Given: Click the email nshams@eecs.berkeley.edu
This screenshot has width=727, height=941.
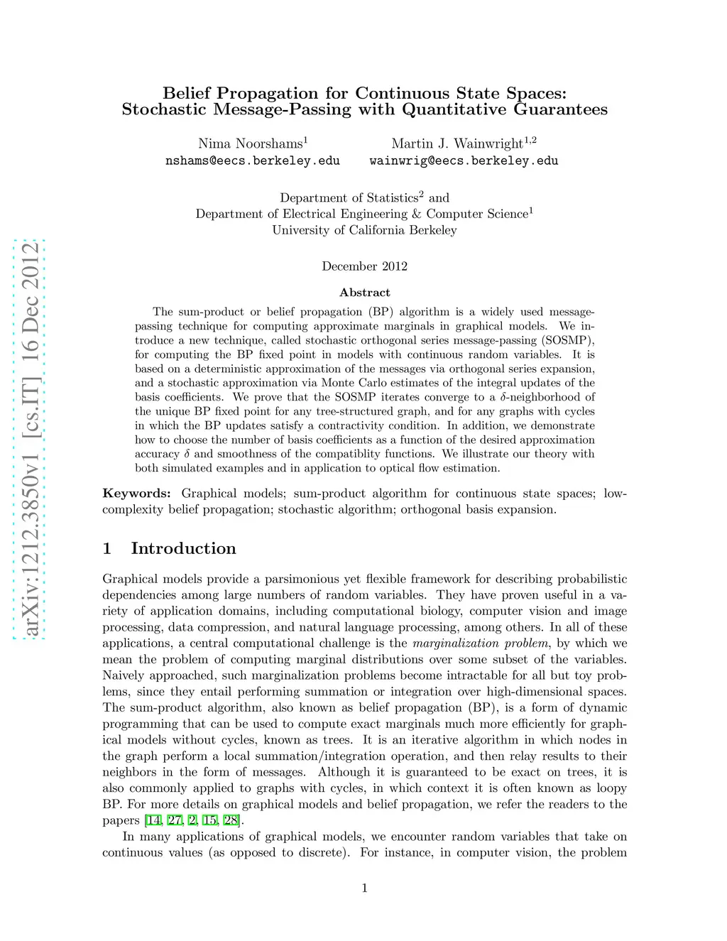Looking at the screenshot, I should tap(252, 161).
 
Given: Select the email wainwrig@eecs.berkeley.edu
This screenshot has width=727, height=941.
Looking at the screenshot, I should tap(464, 161).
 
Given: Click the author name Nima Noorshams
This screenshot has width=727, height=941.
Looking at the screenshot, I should tap(250, 143).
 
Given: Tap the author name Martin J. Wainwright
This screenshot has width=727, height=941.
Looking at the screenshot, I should tap(457, 143).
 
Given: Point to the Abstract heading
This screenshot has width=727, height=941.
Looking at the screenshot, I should tap(364, 293).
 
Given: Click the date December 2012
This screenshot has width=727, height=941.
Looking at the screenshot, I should tap(364, 266).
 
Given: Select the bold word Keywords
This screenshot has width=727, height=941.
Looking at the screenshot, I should tap(136, 494).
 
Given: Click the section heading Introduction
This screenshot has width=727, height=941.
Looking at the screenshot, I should tap(183, 548).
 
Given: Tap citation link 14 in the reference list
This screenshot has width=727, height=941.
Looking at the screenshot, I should tap(153, 821).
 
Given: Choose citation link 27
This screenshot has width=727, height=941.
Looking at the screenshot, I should tap(175, 821).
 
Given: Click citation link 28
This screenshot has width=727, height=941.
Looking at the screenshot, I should tap(231, 821).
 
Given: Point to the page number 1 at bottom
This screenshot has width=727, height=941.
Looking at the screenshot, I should tap(364, 888).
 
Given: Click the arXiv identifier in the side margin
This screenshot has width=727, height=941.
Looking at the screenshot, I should tap(29, 440).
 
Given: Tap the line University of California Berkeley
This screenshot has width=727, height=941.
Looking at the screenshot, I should tap(364, 230).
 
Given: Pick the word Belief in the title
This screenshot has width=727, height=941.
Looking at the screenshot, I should tap(187, 93).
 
